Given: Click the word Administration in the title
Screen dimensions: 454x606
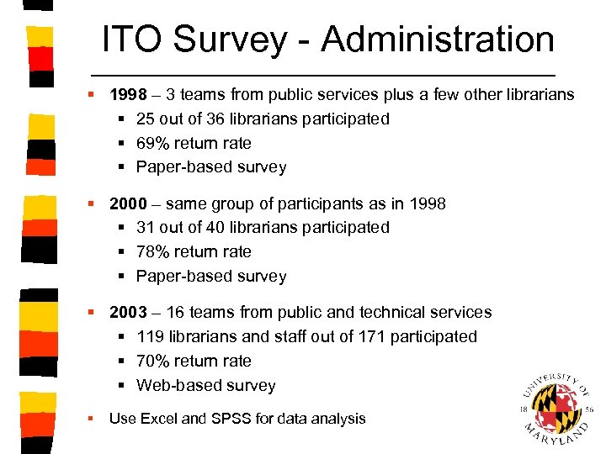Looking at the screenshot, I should click(438, 40).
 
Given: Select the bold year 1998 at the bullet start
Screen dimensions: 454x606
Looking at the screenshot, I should click(128, 94).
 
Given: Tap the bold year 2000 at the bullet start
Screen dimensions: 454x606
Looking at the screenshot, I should click(128, 203).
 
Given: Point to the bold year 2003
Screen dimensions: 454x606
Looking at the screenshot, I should click(128, 312).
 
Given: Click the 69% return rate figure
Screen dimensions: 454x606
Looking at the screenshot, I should click(152, 143).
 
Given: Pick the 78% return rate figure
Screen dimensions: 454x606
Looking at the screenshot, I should click(152, 251).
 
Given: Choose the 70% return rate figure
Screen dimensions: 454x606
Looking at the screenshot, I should click(152, 361).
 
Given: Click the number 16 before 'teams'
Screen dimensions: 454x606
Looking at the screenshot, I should click(175, 312).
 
